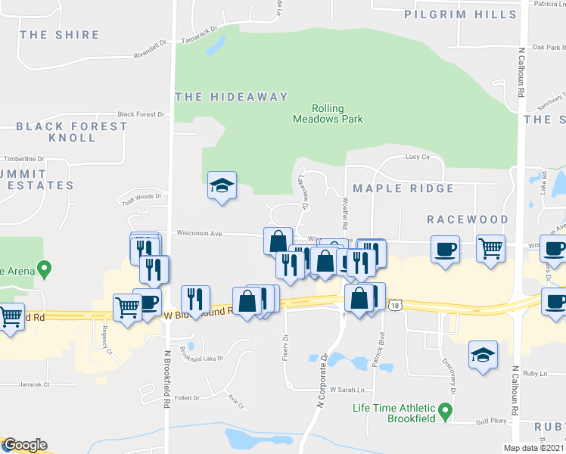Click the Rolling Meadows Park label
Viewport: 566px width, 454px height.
coord(328,113)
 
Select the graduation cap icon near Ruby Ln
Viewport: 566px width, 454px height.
coord(483,355)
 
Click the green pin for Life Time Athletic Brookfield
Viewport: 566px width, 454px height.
coord(446,412)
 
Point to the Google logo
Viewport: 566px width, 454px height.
coord(24,445)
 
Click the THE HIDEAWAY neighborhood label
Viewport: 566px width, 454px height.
coord(232,97)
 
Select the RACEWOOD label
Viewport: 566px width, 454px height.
coord(467,219)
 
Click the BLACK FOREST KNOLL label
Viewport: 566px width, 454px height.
coord(72,132)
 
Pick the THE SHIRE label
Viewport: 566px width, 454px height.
coord(60,35)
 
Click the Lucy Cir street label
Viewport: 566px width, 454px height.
coord(417,157)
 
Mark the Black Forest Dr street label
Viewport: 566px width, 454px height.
coord(141,114)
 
